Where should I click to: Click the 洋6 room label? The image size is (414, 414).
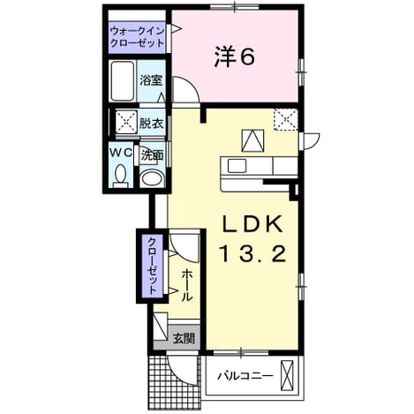234,56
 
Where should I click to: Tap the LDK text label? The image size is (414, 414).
252,225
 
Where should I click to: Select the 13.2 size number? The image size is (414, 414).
252,254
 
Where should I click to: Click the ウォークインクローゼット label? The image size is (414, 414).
137,37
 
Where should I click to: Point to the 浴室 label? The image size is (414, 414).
151,80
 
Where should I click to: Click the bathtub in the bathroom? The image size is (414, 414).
124,81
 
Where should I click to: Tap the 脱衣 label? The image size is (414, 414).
151,124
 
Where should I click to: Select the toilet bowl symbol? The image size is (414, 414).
120,176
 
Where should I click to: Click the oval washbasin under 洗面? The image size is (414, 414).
152,179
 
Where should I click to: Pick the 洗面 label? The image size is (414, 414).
152,155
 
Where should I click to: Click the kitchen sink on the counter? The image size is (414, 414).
237,166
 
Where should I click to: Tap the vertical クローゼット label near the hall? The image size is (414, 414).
152,266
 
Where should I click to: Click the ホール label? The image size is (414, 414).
186,285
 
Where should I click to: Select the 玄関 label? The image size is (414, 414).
184,338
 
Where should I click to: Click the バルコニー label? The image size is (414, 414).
245,376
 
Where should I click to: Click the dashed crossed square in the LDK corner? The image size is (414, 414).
286,119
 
